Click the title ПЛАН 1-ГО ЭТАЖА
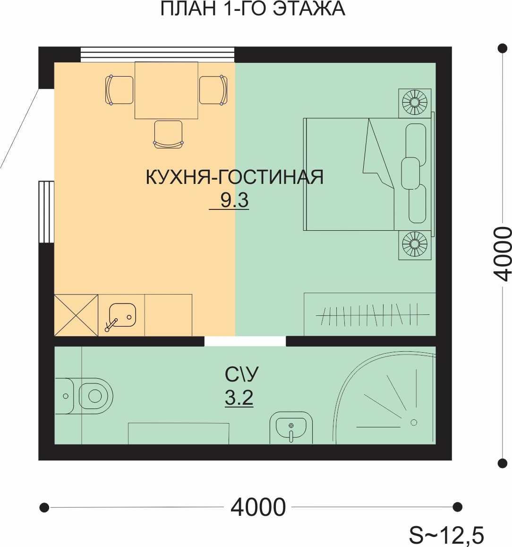(253, 9)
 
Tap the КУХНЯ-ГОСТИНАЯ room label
(235, 177)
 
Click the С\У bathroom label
(242, 374)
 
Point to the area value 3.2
(239, 398)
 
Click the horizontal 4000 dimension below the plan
(258, 507)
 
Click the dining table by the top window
(166, 90)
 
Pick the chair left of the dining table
(119, 90)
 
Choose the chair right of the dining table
(213, 90)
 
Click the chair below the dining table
(168, 135)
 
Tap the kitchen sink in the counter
(122, 315)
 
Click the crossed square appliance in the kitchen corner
(77, 315)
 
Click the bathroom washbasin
(291, 427)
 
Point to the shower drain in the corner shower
(414, 423)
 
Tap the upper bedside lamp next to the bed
(415, 103)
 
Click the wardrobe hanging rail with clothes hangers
(373, 315)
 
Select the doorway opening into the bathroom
(245, 341)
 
